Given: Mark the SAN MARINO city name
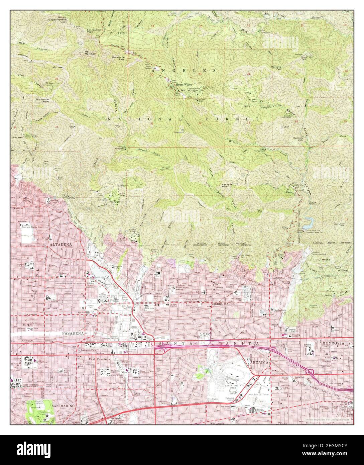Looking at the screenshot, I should click(x=65, y=405).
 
